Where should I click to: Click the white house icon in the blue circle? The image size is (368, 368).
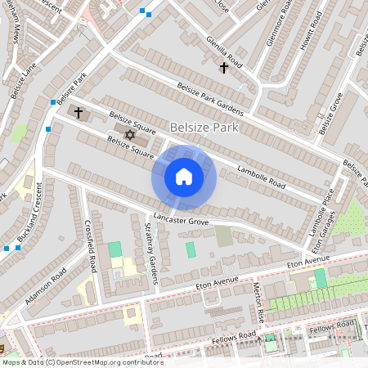click(184, 177)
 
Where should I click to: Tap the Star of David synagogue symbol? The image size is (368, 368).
click(128, 134)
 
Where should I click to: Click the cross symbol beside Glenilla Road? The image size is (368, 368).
click(223, 68)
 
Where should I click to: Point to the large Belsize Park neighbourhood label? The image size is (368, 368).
click(204, 127)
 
